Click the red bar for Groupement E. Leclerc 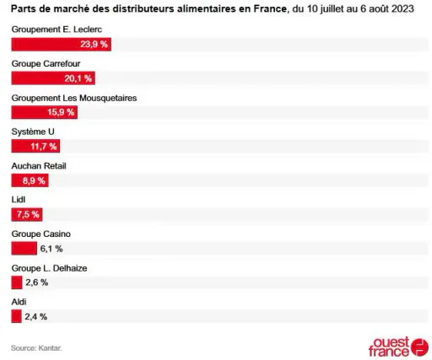tap(62, 45)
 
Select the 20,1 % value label tap(78, 78)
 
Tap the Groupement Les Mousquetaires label tap(74, 98)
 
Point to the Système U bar tap(35, 146)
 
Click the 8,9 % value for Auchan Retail tap(34, 180)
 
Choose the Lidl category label tap(19, 200)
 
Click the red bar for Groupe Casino tap(24, 249)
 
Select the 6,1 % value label tap(51, 249)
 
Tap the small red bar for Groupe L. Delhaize tap(17, 282)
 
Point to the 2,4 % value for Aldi tap(35, 317)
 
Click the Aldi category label tap(19, 302)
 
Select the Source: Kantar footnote tap(36, 348)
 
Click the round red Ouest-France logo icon tap(419, 347)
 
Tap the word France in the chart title tap(270, 8)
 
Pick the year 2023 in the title tap(402, 8)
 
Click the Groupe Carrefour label tap(46, 64)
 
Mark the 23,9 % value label tap(94, 44)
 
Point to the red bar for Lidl tap(27, 215)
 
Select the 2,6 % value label tap(37, 282)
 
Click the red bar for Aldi tap(16, 316)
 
